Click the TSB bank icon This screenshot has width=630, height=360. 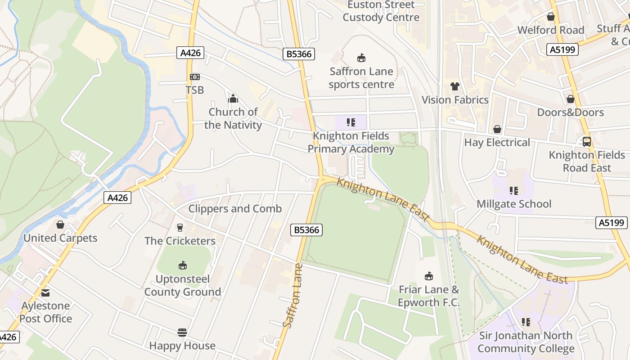pyautogui.click(x=194, y=77)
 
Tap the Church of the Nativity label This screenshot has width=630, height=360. pyautogui.click(x=233, y=118)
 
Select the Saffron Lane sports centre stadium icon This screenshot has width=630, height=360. pyautogui.click(x=361, y=58)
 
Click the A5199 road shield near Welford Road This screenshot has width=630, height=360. pyautogui.click(x=562, y=49)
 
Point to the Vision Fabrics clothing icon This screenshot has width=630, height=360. pyautogui.click(x=454, y=86)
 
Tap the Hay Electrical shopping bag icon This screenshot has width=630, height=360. pyautogui.click(x=497, y=130)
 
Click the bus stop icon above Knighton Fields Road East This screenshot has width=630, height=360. pyautogui.click(x=587, y=142)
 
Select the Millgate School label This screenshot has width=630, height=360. pyautogui.click(x=514, y=204)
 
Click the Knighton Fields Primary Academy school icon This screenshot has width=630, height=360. pyautogui.click(x=351, y=122)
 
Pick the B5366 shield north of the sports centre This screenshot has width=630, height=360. pyautogui.click(x=299, y=54)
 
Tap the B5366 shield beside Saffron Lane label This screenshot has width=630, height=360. pyautogui.click(x=306, y=230)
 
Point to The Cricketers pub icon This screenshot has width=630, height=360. pyautogui.click(x=180, y=228)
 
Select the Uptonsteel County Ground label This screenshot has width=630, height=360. pyautogui.click(x=183, y=285)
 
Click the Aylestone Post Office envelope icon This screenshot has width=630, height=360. pyautogui.click(x=45, y=293)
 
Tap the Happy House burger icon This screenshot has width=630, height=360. pyautogui.click(x=182, y=333)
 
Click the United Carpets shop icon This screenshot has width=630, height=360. pyautogui.click(x=60, y=225)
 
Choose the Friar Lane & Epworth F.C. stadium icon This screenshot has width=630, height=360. pyautogui.click(x=429, y=276)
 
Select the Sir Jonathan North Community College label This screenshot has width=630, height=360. pyautogui.click(x=526, y=342)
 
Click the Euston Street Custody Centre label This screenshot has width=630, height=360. pyautogui.click(x=381, y=11)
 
